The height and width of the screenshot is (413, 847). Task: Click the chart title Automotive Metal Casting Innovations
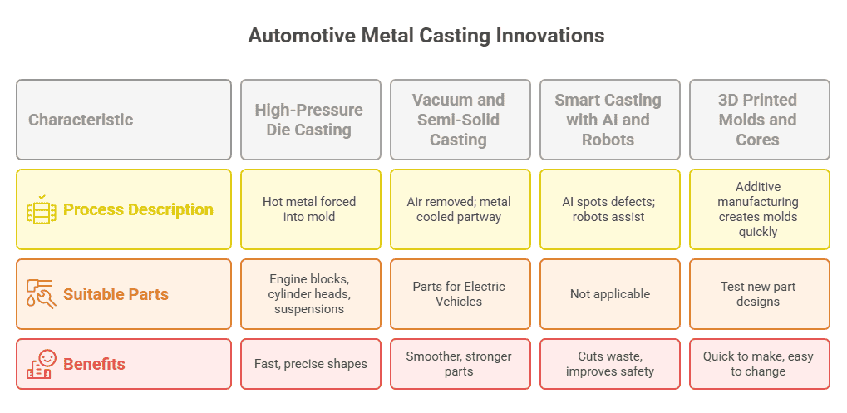click(x=426, y=36)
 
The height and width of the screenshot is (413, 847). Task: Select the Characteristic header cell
click(x=124, y=120)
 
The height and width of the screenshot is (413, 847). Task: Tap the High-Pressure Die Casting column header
click(x=311, y=120)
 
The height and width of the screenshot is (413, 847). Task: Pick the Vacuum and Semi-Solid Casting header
click(x=460, y=120)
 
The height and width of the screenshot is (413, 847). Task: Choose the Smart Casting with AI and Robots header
click(x=610, y=120)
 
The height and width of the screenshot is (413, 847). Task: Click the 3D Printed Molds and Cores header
click(x=760, y=120)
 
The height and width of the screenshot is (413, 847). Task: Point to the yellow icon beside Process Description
click(x=41, y=209)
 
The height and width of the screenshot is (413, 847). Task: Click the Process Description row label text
click(x=138, y=209)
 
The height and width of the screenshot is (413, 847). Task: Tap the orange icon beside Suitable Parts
click(x=41, y=294)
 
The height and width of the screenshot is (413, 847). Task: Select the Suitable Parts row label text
click(x=116, y=294)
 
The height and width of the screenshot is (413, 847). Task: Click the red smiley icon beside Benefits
click(x=41, y=364)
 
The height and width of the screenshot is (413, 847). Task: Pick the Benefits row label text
click(x=94, y=364)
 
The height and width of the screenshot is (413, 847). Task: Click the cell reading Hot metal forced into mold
click(x=311, y=209)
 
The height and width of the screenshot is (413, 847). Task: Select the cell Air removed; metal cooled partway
click(x=460, y=209)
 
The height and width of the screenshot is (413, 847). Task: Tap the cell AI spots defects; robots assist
click(x=610, y=209)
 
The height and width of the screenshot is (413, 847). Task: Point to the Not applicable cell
click(x=610, y=294)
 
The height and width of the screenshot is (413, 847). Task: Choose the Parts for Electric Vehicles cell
click(x=460, y=294)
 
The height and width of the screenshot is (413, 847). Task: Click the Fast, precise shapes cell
click(x=311, y=364)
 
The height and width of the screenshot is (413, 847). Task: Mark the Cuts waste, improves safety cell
click(x=610, y=364)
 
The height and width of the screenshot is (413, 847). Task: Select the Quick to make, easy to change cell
click(x=760, y=364)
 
